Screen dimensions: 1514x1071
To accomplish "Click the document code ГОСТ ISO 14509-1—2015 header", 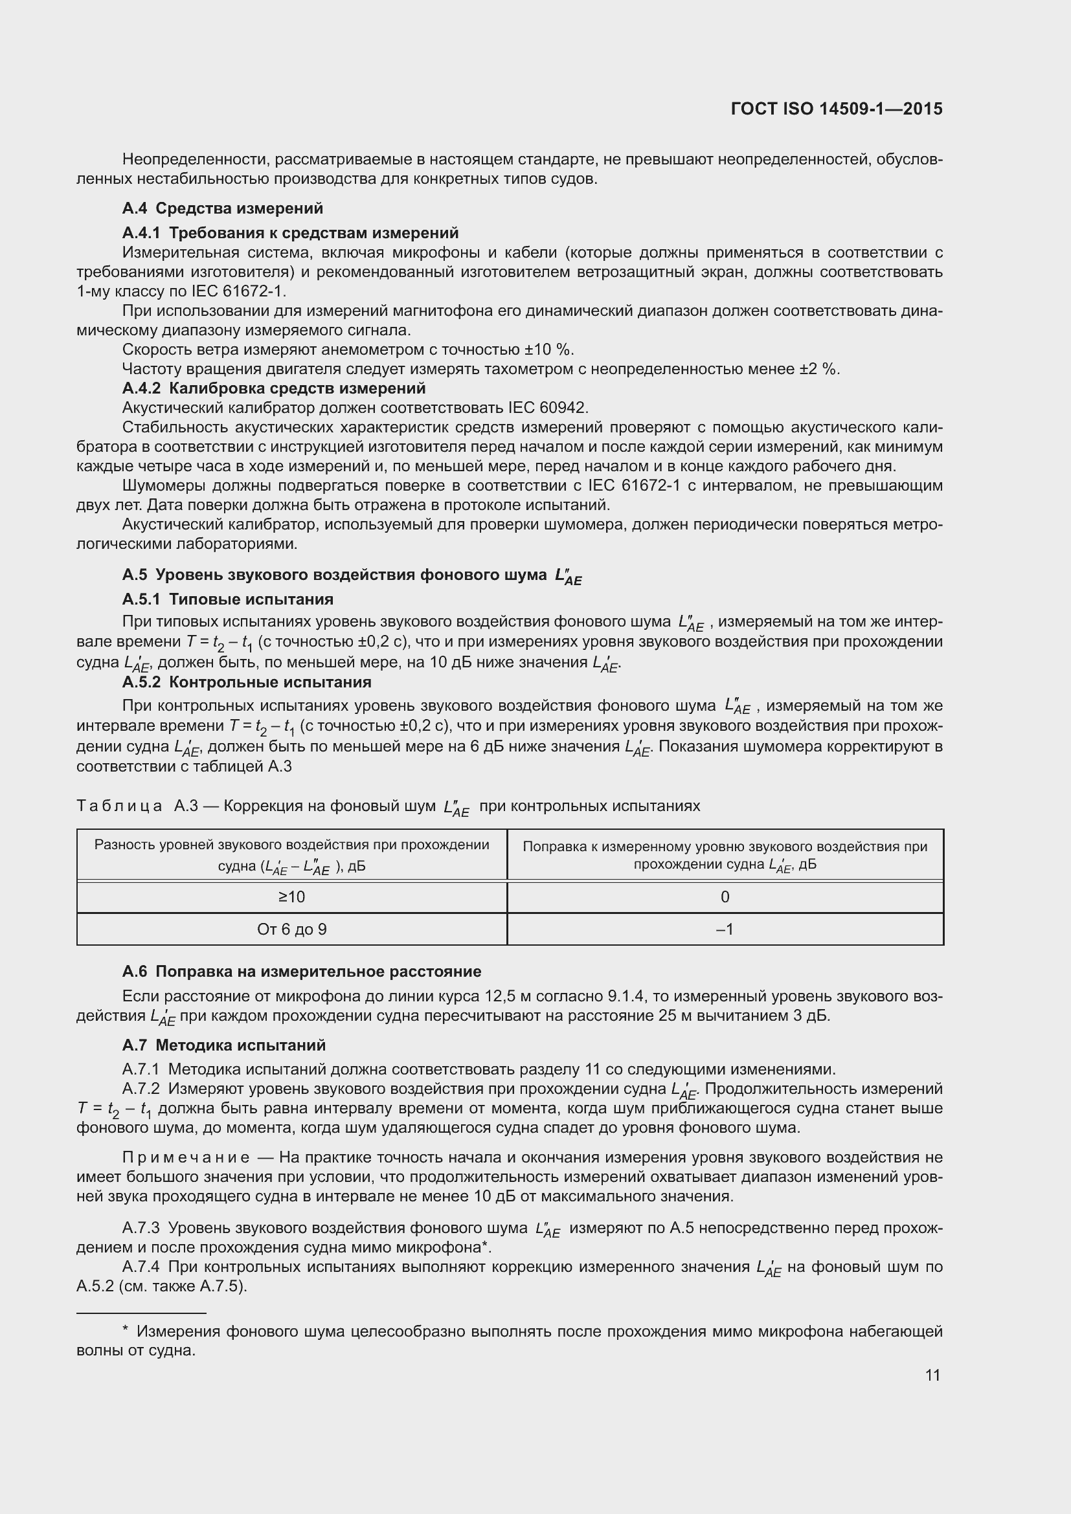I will pos(836,109).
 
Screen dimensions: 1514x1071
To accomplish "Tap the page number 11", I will pos(932,1375).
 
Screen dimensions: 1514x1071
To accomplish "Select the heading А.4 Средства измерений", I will pos(222,208).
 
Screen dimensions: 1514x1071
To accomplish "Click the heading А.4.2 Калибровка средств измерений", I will pos(274,388).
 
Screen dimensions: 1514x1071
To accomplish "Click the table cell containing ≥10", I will pos(291,896).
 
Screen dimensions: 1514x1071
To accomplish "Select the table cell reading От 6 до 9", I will pos(291,929).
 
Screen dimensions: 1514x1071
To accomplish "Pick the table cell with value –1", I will pos(724,929).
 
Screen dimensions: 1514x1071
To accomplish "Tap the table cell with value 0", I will pos(724,896).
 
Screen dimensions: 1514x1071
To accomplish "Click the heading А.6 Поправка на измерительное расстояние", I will pos(301,972).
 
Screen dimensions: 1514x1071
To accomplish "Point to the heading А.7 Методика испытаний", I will pos(223,1045).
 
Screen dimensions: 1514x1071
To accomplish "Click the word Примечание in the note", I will pos(186,1157).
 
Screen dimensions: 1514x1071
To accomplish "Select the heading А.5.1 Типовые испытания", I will pos(227,599).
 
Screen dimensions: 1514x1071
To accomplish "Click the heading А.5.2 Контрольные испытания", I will pos(247,682).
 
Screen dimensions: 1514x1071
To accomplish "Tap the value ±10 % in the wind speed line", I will pos(548,350).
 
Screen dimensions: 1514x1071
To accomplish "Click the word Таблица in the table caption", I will pos(119,806).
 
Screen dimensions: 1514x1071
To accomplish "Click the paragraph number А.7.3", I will pos(141,1228).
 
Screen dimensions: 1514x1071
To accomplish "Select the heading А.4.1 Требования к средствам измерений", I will pos(290,233).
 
